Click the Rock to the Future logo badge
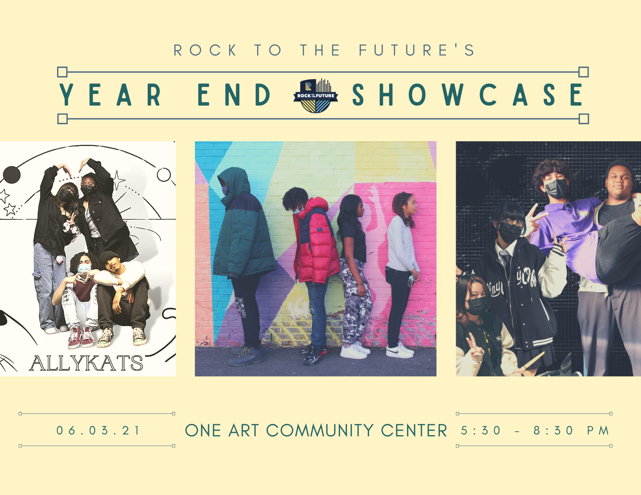[x=315, y=96]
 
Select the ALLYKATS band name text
[x=86, y=363]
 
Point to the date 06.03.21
[x=98, y=431]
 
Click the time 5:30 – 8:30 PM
[x=535, y=431]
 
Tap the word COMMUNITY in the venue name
[x=320, y=431]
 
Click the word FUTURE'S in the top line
[x=416, y=50]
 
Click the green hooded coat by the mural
[x=243, y=224]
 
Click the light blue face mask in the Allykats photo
[x=84, y=269]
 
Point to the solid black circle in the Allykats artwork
[x=12, y=175]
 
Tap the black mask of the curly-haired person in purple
[x=556, y=189]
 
